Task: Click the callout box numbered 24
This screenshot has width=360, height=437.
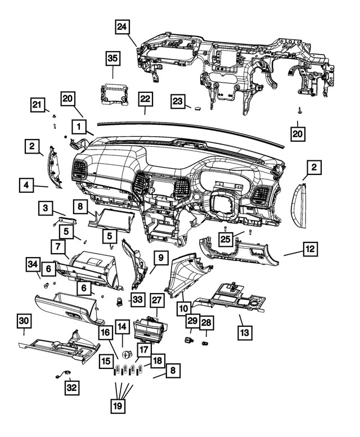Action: point(123,26)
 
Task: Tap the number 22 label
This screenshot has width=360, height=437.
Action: point(145,99)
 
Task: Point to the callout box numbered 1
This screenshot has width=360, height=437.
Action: point(79,125)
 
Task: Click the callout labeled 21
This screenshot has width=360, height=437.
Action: point(37,105)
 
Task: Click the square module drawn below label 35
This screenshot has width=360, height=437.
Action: point(113,92)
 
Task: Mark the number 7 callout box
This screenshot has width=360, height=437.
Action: point(57,246)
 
